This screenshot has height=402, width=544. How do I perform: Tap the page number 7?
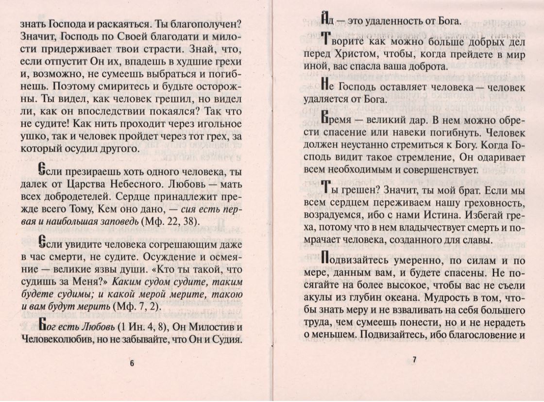(x=414, y=360)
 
